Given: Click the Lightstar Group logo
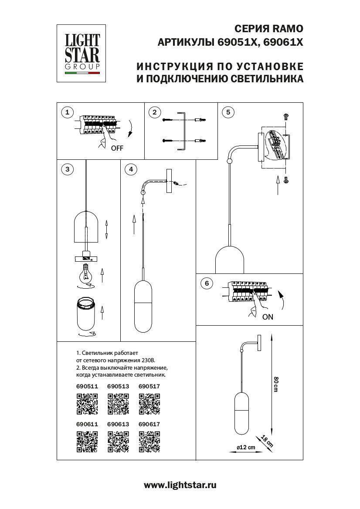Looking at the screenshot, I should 82,53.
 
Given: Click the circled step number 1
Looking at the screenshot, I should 67,113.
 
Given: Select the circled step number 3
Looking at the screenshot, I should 67,169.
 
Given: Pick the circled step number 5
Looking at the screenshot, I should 227,112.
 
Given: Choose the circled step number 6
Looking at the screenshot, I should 207,284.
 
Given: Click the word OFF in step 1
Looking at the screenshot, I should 117,148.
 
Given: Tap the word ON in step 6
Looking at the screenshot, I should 268,317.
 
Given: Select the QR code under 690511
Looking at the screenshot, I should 87,403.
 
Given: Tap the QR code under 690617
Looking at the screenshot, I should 149,441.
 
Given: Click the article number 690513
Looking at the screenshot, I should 118,386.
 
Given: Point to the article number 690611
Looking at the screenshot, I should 87,424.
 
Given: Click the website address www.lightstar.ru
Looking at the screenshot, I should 180,485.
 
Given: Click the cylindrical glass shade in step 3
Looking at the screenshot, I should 86,314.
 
